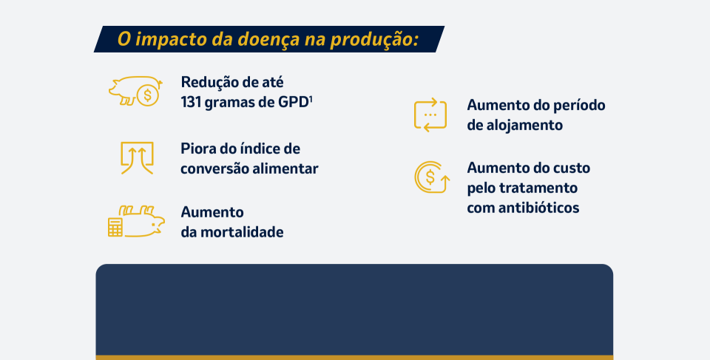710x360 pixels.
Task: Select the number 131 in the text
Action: (191, 102)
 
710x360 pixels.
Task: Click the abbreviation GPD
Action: (293, 102)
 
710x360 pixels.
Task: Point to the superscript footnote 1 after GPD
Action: (311, 99)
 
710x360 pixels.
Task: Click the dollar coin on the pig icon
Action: (148, 95)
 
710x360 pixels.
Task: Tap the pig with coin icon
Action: (135, 91)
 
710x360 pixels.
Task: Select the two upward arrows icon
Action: (138, 158)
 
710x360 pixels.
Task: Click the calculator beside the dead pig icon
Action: (115, 228)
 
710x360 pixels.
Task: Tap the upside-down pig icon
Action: (142, 222)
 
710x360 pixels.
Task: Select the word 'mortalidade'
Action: (242, 232)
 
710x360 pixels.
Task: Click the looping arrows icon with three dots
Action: (430, 115)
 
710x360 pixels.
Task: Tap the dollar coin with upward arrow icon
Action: (432, 177)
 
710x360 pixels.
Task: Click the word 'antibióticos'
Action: (539, 208)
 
